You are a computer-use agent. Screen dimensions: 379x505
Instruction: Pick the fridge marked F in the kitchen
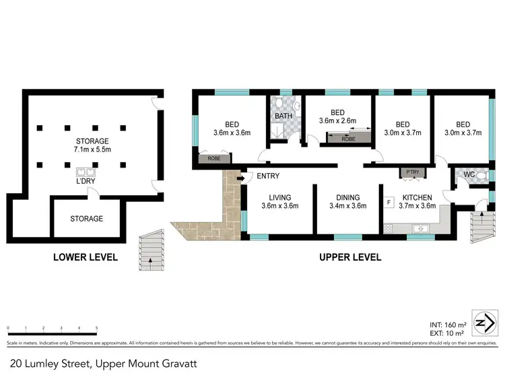tap(389, 202)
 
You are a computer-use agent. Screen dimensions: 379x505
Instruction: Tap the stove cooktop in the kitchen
tap(390, 229)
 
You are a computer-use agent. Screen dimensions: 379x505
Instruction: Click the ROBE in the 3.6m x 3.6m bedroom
tap(213, 160)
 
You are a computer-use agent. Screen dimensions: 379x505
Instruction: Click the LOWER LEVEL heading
tap(86, 257)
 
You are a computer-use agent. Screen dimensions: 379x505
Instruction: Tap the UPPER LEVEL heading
tap(349, 257)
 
